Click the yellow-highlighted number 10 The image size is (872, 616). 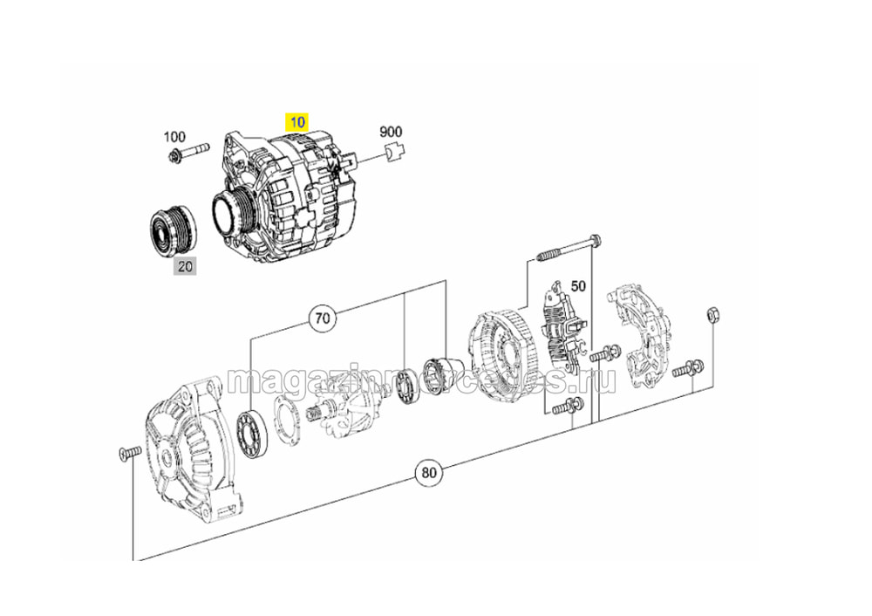pyautogui.click(x=297, y=122)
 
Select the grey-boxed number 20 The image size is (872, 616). pyautogui.click(x=185, y=266)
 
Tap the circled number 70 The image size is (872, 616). pyautogui.click(x=323, y=318)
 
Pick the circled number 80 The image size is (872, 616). pyautogui.click(x=429, y=473)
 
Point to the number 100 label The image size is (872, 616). pyautogui.click(x=174, y=136)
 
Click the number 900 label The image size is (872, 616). pyautogui.click(x=391, y=132)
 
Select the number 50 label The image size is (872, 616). pyautogui.click(x=578, y=286)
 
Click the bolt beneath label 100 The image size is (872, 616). pyautogui.click(x=188, y=152)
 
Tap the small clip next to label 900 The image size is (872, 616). pyautogui.click(x=395, y=152)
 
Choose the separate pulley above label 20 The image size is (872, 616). pyautogui.click(x=173, y=229)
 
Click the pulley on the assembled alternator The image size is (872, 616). pyautogui.click(x=233, y=210)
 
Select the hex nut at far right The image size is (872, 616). pyautogui.click(x=712, y=316)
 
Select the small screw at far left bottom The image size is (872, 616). pyautogui.click(x=126, y=454)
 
